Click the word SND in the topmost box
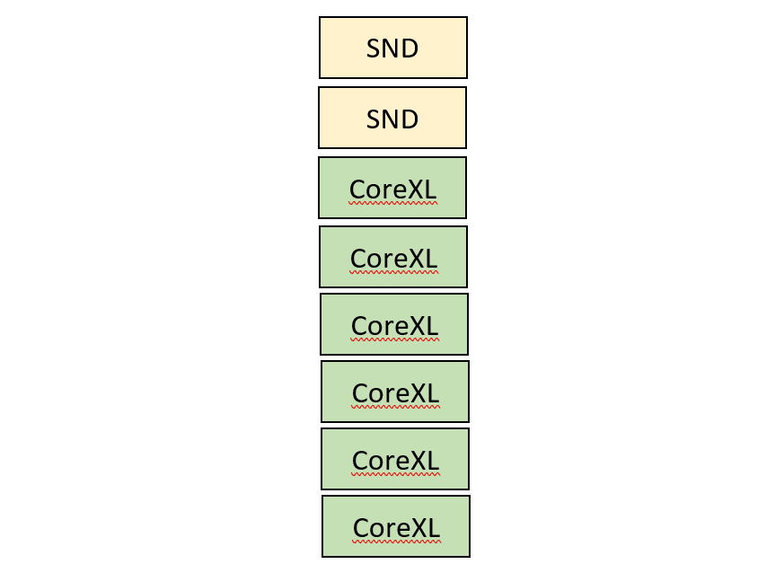(x=392, y=48)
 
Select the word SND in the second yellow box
(x=392, y=119)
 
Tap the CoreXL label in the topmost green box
(x=392, y=189)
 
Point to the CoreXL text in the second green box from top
(x=393, y=259)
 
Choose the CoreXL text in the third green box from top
(x=394, y=326)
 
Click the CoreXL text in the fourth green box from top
(x=395, y=393)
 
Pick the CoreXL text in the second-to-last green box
(x=395, y=461)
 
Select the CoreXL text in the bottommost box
(x=396, y=528)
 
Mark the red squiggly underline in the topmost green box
(x=392, y=203)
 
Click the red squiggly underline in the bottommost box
(x=396, y=542)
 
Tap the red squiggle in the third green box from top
(x=394, y=339)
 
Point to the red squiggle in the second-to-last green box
(x=395, y=474)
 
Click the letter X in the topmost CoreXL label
(x=417, y=189)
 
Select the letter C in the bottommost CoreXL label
(x=361, y=528)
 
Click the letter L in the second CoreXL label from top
(x=431, y=259)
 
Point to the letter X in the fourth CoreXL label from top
(x=419, y=393)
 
